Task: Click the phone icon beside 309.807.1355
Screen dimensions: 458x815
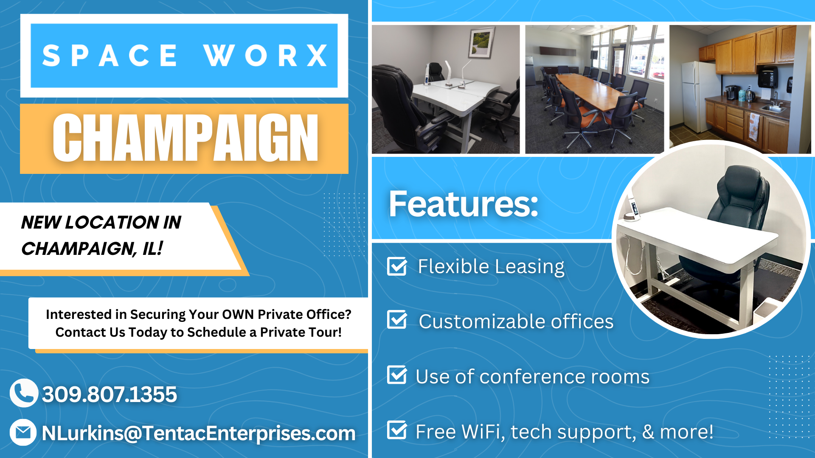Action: point(24,393)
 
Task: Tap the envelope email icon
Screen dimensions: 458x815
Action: point(23,432)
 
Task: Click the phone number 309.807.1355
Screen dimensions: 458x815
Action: point(109,394)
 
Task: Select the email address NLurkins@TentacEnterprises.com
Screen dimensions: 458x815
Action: point(198,433)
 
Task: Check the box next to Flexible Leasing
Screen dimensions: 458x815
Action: point(397,266)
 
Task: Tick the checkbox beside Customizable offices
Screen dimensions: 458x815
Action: point(397,320)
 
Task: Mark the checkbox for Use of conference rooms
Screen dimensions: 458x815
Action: point(397,375)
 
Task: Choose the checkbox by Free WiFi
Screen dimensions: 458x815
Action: point(397,430)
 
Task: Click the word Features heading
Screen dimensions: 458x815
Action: point(463,204)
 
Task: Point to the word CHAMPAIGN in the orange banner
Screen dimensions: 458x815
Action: point(185,138)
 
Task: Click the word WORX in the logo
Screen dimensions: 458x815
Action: point(265,56)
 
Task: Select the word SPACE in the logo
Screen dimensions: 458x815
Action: point(110,56)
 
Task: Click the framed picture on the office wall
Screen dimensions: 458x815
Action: point(482,42)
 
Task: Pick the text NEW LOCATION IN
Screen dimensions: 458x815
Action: point(101,222)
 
